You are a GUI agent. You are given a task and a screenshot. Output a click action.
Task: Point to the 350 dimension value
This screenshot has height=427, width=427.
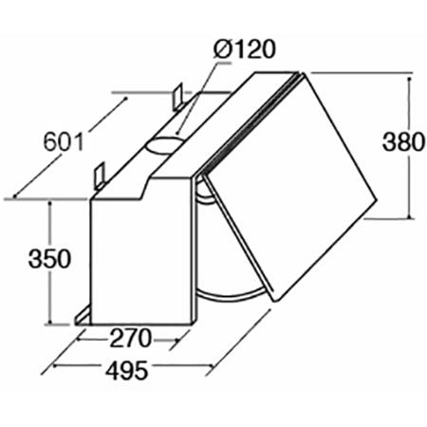point(47,259)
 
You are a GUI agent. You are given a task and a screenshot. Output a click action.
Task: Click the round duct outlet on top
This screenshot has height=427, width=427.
point(165,143)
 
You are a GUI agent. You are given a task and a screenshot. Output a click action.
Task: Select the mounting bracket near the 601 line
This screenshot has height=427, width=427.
point(98,176)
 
